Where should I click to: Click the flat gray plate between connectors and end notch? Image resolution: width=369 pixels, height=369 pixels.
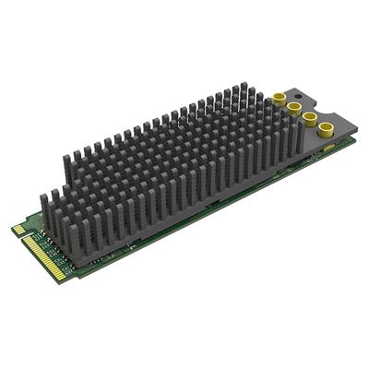318,106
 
